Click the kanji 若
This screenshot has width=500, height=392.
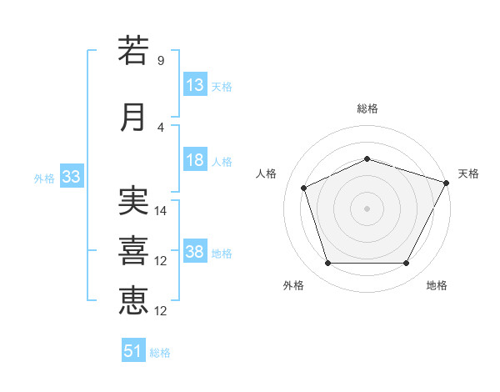[x=133, y=50]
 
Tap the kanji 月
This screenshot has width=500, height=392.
[x=132, y=118]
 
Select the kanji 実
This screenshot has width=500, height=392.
[x=133, y=200]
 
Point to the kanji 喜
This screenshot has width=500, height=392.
[x=133, y=250]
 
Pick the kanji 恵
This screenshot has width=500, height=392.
[x=133, y=300]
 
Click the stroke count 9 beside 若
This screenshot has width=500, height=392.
[x=161, y=60]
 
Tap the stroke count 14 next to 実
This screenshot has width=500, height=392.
[x=160, y=211]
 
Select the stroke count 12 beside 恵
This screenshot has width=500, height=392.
[x=160, y=311]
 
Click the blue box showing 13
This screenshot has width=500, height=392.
[x=195, y=84]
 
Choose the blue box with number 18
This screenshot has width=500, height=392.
[x=195, y=159]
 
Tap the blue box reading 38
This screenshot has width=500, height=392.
[x=195, y=250]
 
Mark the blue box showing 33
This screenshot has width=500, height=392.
[x=72, y=176]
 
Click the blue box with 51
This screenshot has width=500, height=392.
[x=133, y=349]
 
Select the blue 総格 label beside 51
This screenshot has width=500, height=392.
[x=160, y=353]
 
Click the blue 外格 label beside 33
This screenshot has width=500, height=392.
[x=44, y=178]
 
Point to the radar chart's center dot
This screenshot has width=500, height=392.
[x=367, y=209]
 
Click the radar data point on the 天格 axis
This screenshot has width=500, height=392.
[x=447, y=183]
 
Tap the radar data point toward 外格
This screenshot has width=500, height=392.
[x=328, y=263]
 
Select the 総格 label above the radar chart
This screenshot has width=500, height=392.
[x=367, y=108]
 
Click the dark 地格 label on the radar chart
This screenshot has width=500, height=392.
[x=437, y=285]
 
